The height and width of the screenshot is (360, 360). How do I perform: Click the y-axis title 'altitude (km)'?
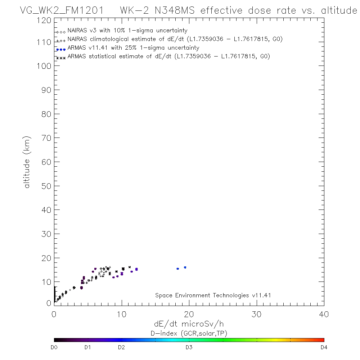pyautogui.click(x=27, y=162)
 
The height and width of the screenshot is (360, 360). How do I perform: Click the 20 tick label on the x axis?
pyautogui.click(x=189, y=314)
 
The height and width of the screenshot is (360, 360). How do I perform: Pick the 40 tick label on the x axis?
pyautogui.click(x=324, y=314)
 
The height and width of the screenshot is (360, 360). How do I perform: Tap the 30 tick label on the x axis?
pyautogui.click(x=256, y=314)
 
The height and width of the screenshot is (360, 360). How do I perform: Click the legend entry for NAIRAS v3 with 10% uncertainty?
pyautogui.click(x=127, y=31)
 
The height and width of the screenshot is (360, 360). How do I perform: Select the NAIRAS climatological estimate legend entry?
pyautogui.click(x=175, y=39)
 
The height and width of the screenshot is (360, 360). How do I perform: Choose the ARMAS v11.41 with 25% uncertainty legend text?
pyautogui.click(x=133, y=48)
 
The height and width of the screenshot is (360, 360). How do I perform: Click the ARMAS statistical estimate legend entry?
pyautogui.click(x=168, y=57)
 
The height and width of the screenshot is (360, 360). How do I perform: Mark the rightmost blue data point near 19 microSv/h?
pyautogui.click(x=185, y=267)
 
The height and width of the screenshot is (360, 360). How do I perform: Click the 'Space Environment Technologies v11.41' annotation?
pyautogui.click(x=213, y=296)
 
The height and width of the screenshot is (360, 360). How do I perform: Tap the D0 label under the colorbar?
pyautogui.click(x=54, y=348)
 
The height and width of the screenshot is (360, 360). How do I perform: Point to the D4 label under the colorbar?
pyautogui.click(x=324, y=348)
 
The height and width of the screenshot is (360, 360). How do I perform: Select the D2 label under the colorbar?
pyautogui.click(x=121, y=348)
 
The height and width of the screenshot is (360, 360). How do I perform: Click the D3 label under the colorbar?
pyautogui.click(x=189, y=348)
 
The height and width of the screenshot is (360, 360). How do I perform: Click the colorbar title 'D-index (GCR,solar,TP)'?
pyautogui.click(x=189, y=333)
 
